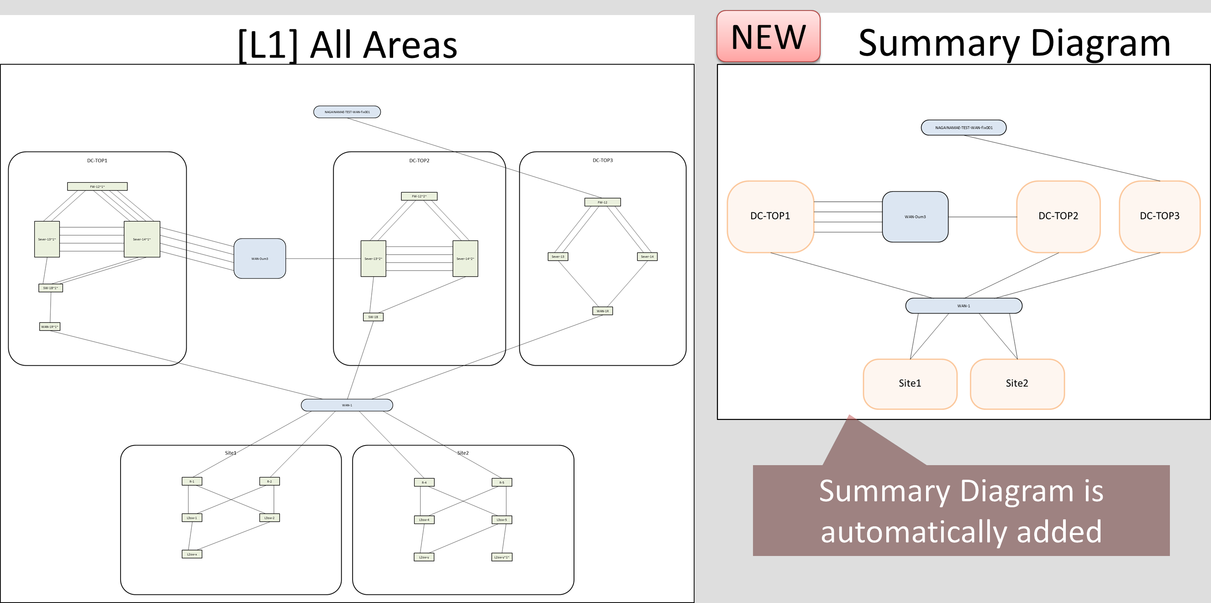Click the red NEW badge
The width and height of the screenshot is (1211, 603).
pos(768,37)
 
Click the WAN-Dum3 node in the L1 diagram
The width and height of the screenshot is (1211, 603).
pos(259,258)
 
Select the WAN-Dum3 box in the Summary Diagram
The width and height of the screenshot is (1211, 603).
pos(915,217)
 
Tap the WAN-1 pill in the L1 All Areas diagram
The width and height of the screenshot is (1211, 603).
pos(347,405)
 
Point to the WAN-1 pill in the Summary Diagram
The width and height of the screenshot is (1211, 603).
pos(963,305)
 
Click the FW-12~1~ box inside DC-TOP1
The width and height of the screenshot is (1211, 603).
pos(97,187)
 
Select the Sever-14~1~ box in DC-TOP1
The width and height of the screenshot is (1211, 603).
pos(142,239)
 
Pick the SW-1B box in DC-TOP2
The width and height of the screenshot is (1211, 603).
pos(373,317)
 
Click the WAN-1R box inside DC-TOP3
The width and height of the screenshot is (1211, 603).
pos(602,311)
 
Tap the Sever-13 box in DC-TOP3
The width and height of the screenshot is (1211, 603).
pos(558,257)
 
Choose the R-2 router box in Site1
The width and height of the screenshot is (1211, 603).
pos(269,481)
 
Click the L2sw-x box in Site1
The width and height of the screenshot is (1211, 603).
pos(192,554)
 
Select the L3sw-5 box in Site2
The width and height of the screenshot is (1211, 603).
pos(501,520)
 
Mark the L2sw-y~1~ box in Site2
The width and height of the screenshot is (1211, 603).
pos(501,557)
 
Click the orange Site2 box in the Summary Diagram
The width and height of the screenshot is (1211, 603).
pos(1017,383)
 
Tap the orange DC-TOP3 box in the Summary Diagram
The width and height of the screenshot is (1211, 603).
pos(1159,216)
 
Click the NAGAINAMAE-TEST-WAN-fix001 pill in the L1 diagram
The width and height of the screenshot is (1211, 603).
pos(347,112)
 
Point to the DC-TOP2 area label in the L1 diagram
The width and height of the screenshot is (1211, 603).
pos(419,161)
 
